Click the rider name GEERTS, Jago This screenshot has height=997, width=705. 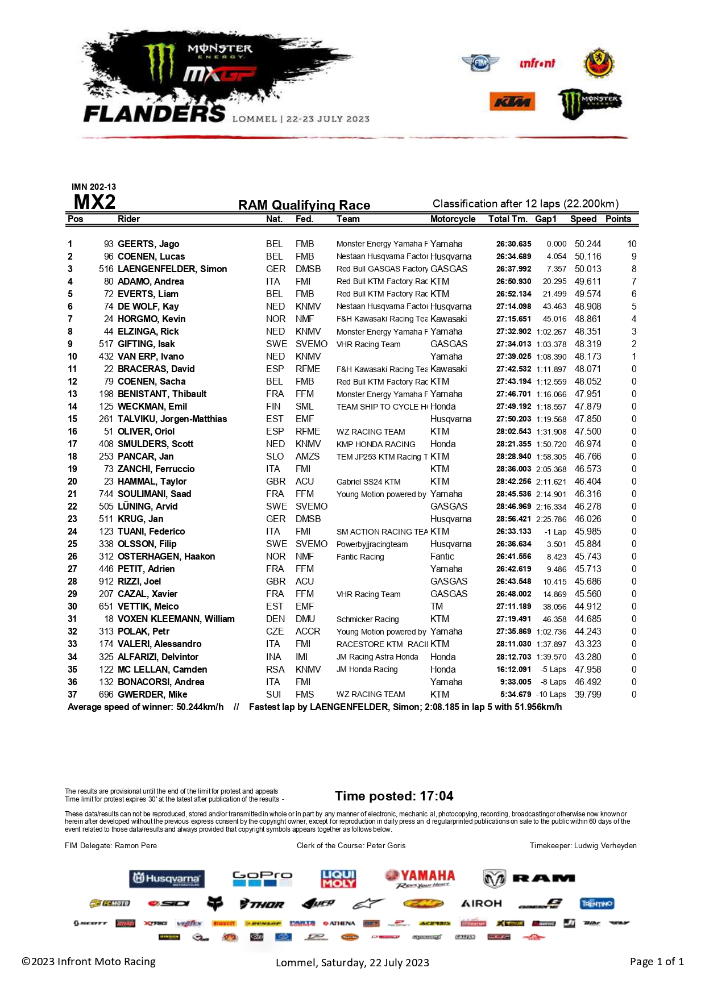point(148,244)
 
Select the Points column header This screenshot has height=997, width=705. point(618,219)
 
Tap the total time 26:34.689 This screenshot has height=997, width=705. point(513,256)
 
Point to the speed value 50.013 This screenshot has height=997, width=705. point(588,269)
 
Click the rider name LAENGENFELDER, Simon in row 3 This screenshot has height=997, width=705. point(172,269)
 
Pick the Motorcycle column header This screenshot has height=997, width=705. point(453,219)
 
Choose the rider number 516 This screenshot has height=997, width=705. point(106,269)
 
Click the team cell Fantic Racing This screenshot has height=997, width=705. point(360,557)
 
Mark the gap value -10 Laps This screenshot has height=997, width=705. point(551,694)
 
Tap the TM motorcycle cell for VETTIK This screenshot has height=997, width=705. point(437,606)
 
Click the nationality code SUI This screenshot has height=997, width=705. point(273,694)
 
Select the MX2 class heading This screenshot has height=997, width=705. point(94,202)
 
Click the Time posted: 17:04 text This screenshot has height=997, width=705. point(394,796)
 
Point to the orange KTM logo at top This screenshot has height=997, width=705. point(512,102)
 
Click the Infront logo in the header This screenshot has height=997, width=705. point(537,64)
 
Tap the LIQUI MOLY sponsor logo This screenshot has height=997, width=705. point(338,878)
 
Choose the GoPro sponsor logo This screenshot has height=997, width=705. point(262,878)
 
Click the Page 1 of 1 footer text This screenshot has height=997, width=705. point(657,961)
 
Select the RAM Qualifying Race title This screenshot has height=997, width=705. point(304,205)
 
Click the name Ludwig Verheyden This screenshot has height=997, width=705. point(605,845)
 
